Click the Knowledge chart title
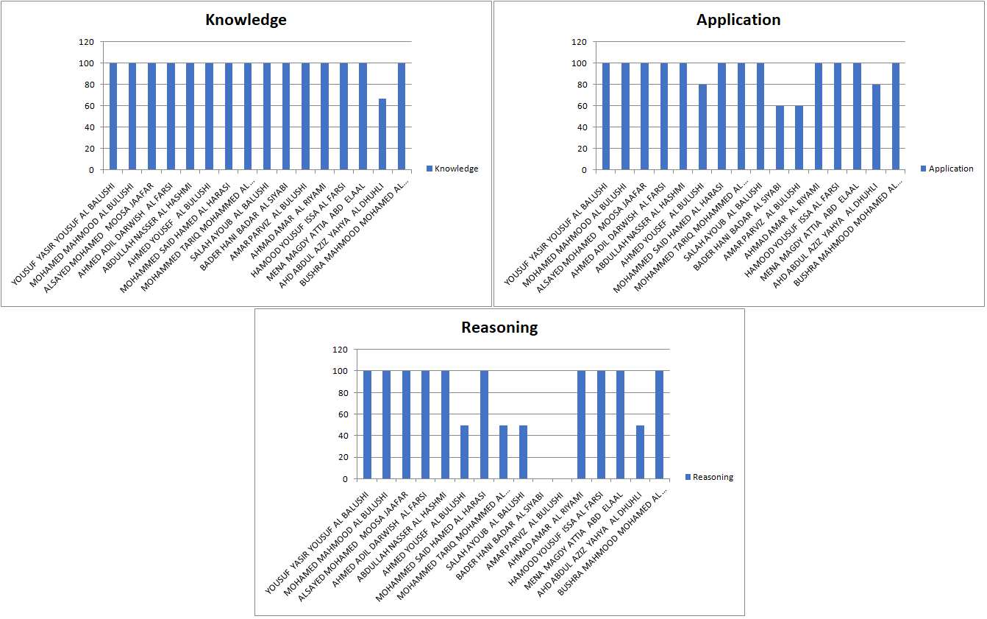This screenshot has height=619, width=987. click(246, 20)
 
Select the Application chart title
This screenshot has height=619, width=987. click(738, 20)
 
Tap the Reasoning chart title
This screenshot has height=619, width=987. click(499, 328)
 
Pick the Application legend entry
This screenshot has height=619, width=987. click(950, 169)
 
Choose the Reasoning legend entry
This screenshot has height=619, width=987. click(713, 477)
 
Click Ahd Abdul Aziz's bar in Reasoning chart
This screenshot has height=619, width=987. click(640, 452)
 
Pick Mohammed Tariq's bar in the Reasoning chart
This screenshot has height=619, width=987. click(503, 452)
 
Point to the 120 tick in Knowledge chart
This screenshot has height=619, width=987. click(88, 42)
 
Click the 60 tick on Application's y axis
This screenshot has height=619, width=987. click(582, 106)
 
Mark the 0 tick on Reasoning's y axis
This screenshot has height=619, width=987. click(346, 478)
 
